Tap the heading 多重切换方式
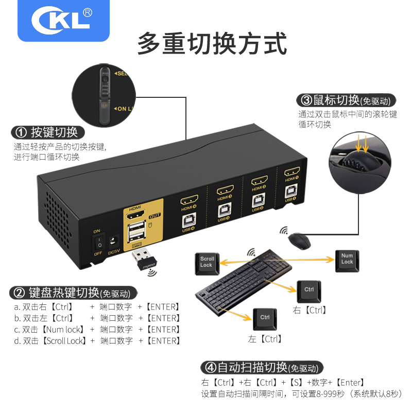[212, 43]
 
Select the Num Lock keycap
[347, 259]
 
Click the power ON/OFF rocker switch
[97, 243]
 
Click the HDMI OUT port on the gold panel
[135, 217]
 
